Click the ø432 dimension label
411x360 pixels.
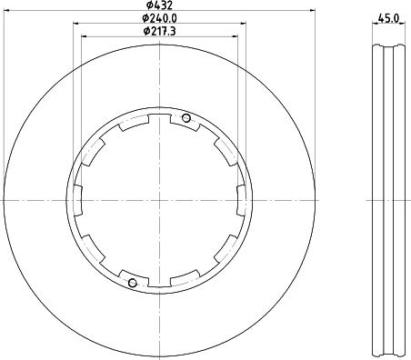pos(159,5)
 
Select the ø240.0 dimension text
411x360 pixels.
pos(160,18)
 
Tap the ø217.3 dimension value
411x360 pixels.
pos(160,31)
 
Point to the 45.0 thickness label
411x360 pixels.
pos(388,19)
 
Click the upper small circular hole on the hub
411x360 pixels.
pos(186,118)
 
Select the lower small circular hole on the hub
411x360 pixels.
pos(133,283)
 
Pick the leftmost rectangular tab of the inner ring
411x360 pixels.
pos(78,200)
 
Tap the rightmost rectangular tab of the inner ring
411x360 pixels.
pos(241,200)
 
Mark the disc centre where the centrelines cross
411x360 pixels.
pos(159,200)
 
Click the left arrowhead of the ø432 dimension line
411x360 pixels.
pos(6,11)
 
